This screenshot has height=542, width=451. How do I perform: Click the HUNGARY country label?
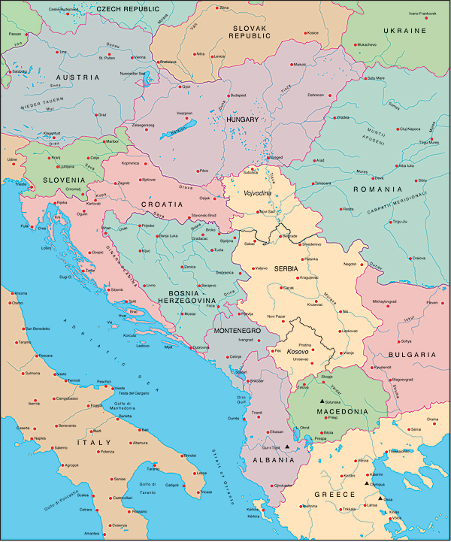tap(242, 119)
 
